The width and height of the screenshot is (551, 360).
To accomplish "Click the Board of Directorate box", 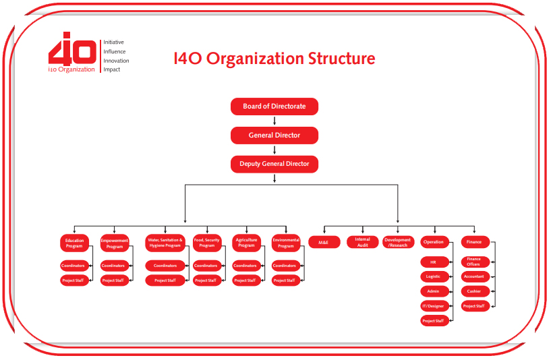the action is pos(274,107).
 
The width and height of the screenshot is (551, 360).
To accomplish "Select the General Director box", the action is pos(274,136).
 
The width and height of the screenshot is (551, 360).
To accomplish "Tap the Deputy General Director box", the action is pos(274,164).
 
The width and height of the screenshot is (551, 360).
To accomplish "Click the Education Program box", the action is pos(74,243).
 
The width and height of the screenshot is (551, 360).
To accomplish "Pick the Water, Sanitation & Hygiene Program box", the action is pos(165,243).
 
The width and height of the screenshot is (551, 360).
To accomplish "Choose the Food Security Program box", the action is pos(207,243).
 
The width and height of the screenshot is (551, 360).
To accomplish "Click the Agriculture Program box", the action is pos(246,243).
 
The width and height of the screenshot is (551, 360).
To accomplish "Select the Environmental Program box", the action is pos(286,243).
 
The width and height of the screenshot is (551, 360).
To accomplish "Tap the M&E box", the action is pos(324,242).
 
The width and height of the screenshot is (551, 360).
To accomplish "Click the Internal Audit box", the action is pos(362,242).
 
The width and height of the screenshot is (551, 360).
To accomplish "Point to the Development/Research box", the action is pos(398,242).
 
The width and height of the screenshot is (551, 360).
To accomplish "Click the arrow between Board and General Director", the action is pos(274,121).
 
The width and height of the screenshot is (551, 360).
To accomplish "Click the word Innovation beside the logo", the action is pos(116,61).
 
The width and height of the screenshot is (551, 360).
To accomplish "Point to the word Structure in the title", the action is pos(341,58).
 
